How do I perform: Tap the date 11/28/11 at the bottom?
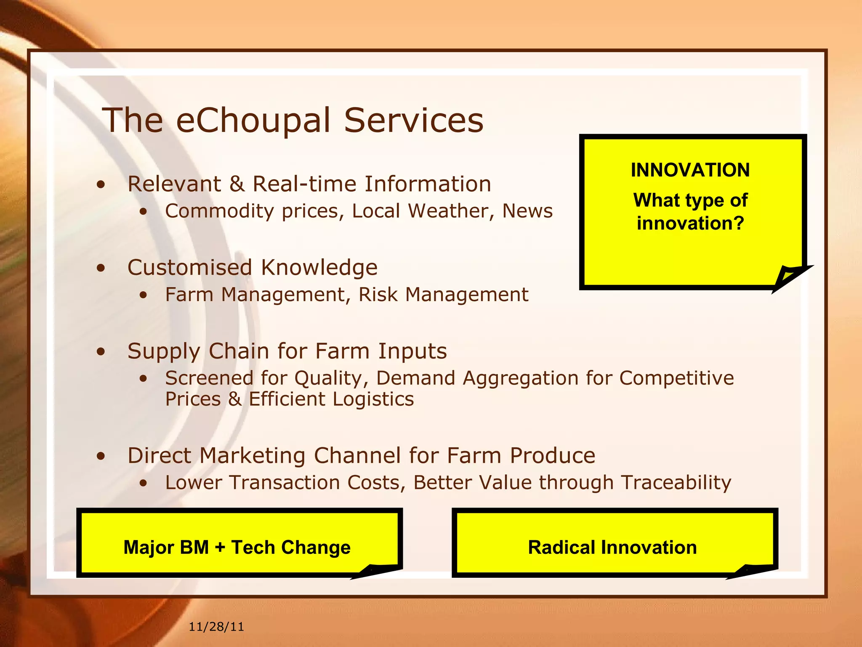[x=216, y=627]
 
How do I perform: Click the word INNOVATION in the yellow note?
[x=690, y=170]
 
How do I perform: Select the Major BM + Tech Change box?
[x=237, y=547]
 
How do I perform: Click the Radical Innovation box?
[x=612, y=547]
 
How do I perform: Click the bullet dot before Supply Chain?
[x=101, y=351]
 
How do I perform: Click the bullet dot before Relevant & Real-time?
[x=101, y=184]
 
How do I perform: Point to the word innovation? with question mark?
[x=690, y=223]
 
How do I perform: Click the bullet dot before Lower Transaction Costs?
[x=144, y=483]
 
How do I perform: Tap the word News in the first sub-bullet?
[x=527, y=211]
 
